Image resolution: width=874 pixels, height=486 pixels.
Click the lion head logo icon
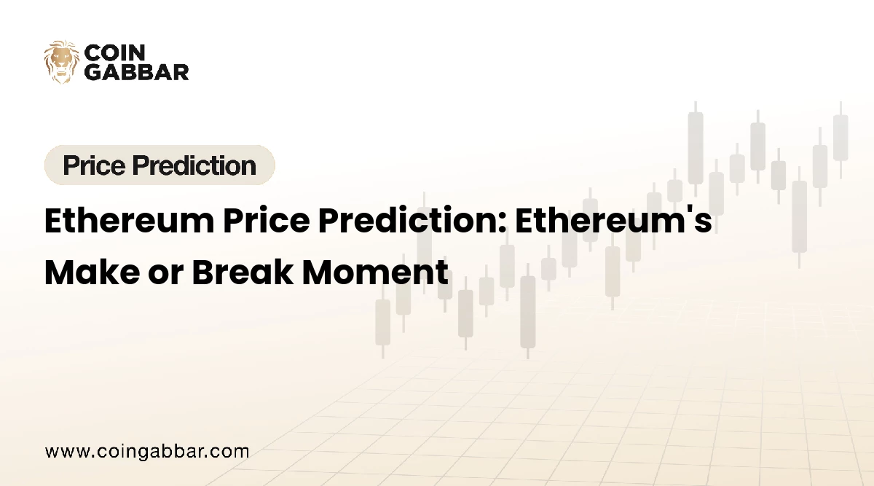click(x=61, y=61)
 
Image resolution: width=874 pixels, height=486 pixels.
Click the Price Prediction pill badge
click(x=160, y=165)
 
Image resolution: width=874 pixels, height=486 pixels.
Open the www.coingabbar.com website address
click(x=146, y=451)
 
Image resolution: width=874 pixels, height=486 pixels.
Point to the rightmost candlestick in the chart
click(x=840, y=138)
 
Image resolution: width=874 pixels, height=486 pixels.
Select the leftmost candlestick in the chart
click(x=382, y=321)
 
